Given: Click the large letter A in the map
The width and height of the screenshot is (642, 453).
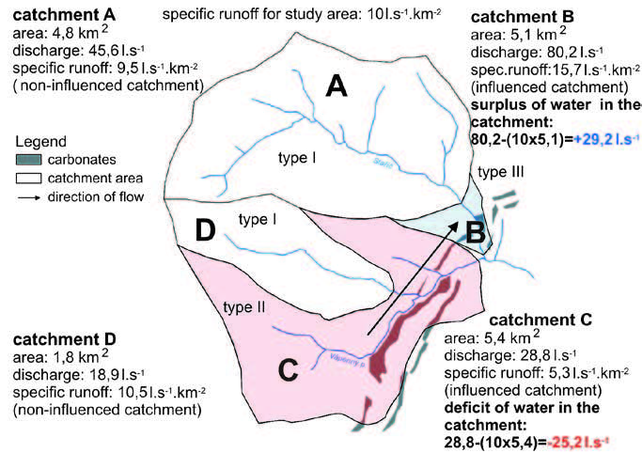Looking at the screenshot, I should [x=337, y=87].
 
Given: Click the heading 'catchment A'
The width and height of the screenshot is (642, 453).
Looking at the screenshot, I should [x=56, y=16].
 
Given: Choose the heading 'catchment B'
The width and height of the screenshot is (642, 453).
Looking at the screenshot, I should [x=526, y=18].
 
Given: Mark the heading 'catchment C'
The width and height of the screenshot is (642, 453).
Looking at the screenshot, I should [x=540, y=320].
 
